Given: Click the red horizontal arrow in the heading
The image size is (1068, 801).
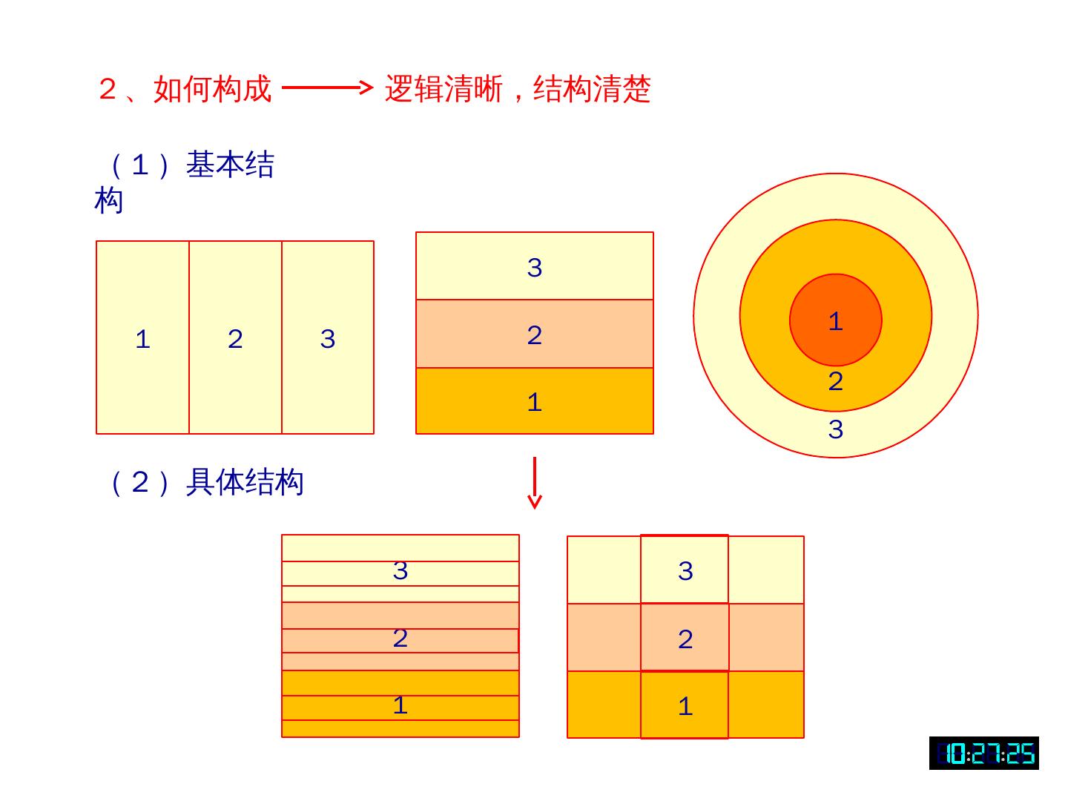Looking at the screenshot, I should (326, 88).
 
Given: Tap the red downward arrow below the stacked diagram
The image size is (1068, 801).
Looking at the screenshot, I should (534, 483).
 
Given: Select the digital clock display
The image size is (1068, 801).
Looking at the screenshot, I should (983, 754).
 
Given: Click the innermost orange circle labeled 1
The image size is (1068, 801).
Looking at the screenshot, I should (835, 319).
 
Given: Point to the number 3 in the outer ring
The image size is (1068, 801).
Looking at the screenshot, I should (835, 429).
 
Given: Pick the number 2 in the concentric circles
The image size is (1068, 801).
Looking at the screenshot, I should (835, 382).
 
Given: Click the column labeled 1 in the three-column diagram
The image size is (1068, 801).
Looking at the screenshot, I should (142, 338).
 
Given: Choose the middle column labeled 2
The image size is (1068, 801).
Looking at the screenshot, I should (235, 338).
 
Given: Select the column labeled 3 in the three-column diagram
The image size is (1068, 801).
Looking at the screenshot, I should (328, 338).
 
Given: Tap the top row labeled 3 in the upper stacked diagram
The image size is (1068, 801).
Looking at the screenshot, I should (534, 267).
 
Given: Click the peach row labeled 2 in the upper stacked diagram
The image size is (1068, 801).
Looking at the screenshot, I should (534, 334).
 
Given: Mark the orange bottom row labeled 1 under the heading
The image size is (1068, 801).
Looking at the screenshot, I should (534, 401).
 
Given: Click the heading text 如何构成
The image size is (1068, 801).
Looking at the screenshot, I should (212, 90).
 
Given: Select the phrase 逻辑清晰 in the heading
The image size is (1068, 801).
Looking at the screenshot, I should (444, 90).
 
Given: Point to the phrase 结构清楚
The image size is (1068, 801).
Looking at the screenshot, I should (592, 90).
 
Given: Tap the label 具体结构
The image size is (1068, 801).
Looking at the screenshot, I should (244, 482).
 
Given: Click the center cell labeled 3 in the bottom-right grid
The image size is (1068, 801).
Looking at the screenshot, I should (685, 570).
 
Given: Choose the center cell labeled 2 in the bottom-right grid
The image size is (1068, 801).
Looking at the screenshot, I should (685, 639).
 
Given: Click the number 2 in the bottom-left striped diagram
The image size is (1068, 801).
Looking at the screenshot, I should (400, 639).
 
